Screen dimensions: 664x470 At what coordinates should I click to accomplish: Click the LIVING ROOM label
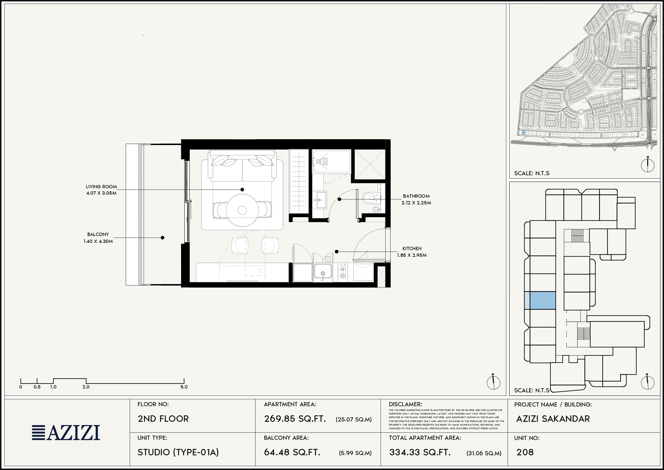(x=101, y=187)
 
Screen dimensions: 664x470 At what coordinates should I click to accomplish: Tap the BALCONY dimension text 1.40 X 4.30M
(x=98, y=241)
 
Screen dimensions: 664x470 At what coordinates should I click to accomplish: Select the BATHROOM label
(x=416, y=196)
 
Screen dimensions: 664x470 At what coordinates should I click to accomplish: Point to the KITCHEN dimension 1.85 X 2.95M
(x=412, y=255)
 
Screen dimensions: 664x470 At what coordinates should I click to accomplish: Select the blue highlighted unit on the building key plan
(x=540, y=300)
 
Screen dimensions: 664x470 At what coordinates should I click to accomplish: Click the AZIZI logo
(x=66, y=433)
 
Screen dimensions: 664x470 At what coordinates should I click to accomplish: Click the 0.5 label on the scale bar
(x=37, y=387)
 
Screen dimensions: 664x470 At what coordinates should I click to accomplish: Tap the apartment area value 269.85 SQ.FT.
(x=295, y=419)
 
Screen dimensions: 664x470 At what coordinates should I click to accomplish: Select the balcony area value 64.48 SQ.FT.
(x=292, y=452)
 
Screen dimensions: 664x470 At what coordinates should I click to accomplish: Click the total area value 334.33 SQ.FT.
(x=420, y=452)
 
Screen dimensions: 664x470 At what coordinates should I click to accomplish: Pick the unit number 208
(x=525, y=452)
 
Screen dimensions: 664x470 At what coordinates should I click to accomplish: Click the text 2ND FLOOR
(x=163, y=419)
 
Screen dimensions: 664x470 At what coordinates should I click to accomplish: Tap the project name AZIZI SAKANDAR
(x=553, y=419)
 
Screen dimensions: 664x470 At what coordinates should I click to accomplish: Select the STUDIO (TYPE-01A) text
(x=178, y=452)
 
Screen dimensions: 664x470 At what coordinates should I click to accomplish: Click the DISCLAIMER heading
(x=405, y=404)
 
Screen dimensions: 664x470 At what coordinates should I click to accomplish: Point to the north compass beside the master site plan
(x=648, y=165)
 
